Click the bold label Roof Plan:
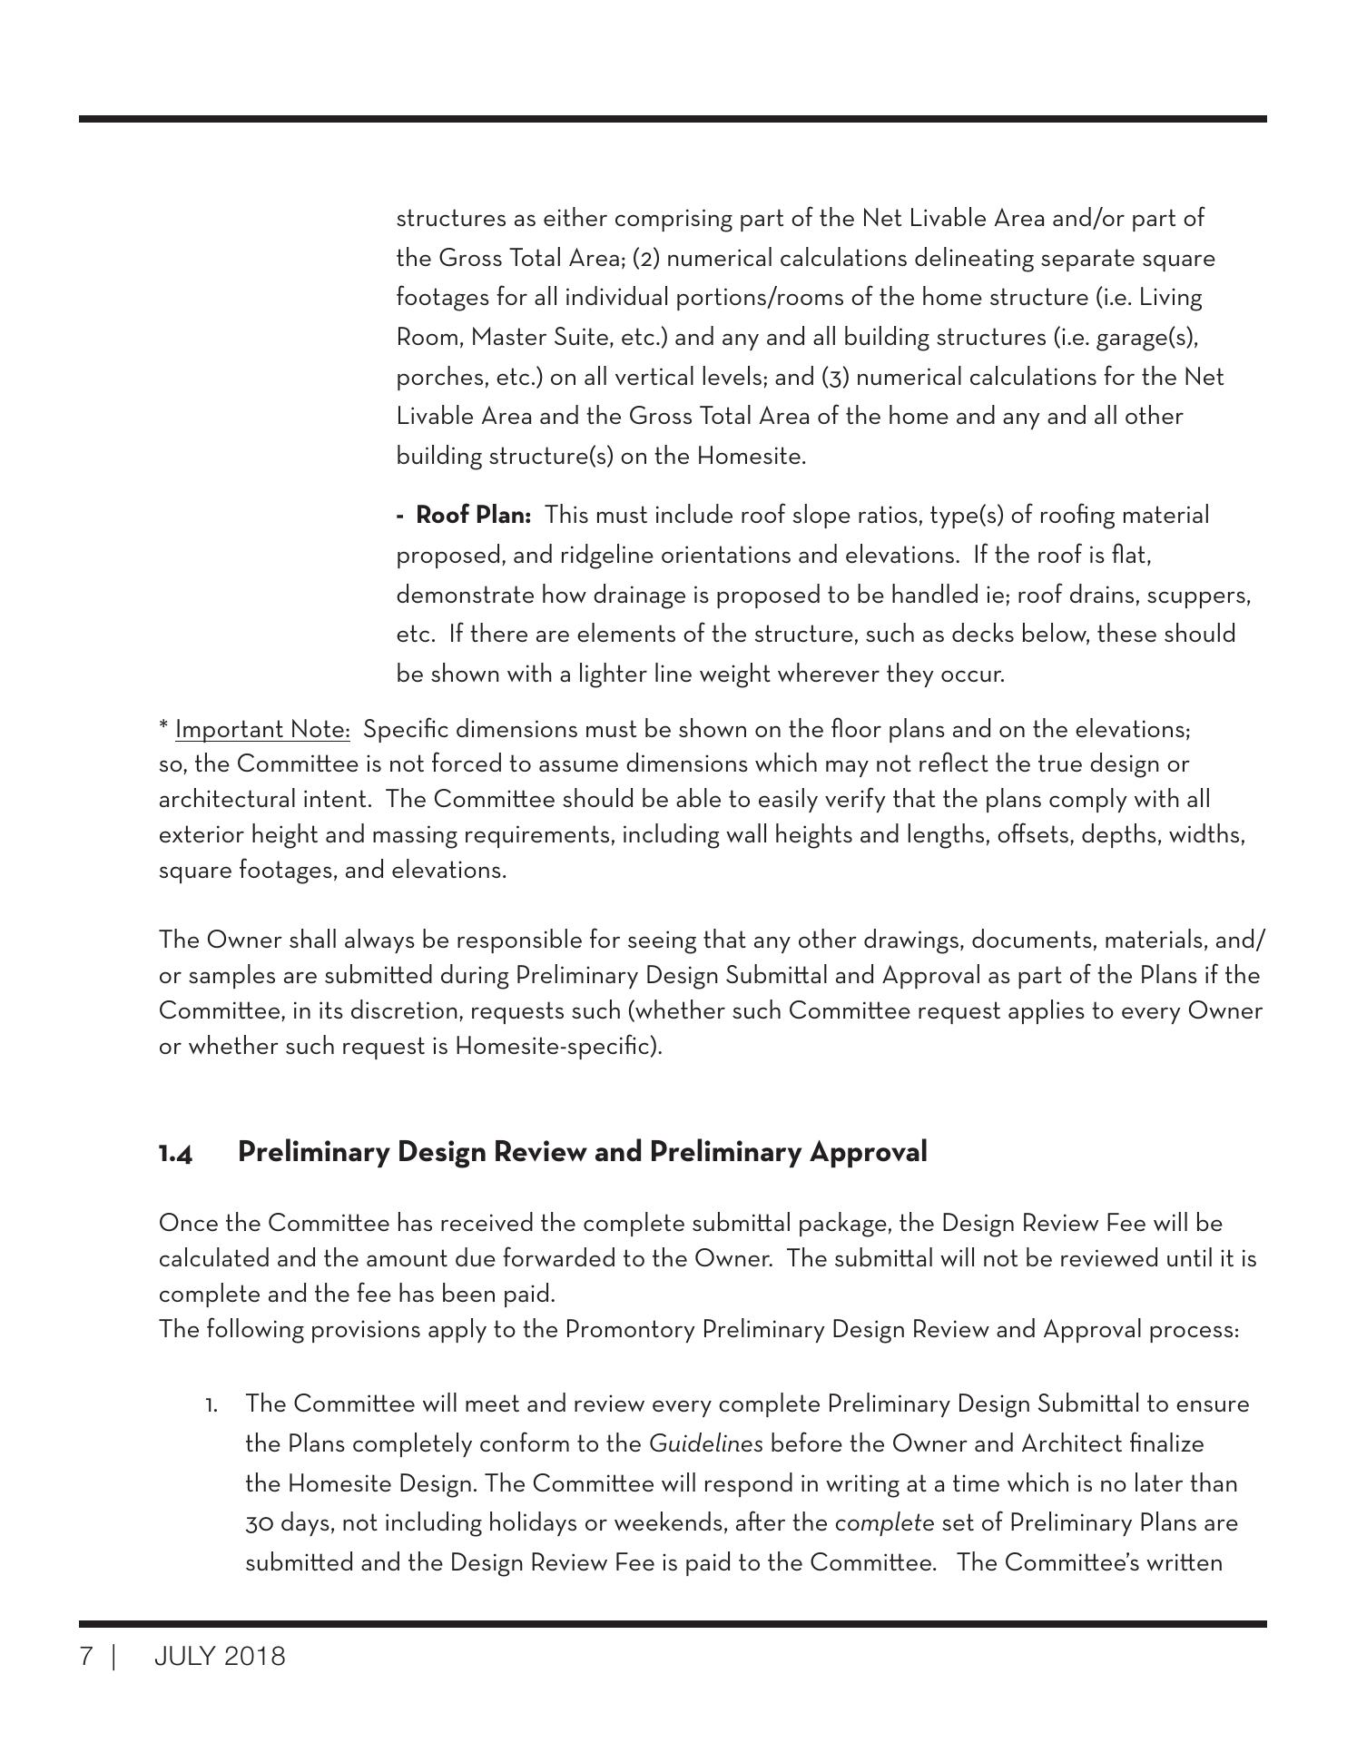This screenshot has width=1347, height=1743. click(473, 516)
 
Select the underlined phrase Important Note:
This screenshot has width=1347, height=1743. click(262, 730)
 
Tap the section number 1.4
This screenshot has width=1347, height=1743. click(175, 1153)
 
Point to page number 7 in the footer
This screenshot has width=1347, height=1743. click(86, 1657)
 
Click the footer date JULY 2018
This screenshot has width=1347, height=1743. click(220, 1657)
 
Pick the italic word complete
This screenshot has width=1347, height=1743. click(884, 1523)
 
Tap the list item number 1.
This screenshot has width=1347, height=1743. click(211, 1405)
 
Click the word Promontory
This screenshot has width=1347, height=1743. click(630, 1330)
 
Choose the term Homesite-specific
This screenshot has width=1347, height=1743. click(557, 1047)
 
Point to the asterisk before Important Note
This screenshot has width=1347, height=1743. click(163, 727)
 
